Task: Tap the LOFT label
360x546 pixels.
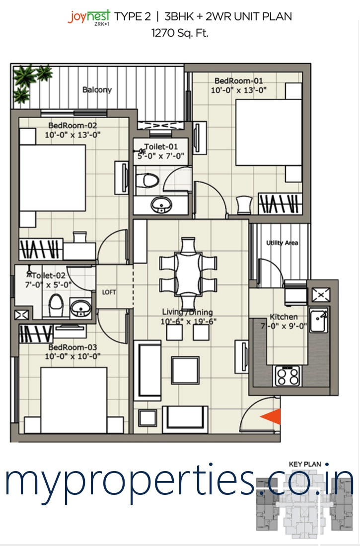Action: [x=109, y=292]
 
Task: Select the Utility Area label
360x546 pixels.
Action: [x=282, y=243]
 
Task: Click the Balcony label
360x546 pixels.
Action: [x=97, y=89]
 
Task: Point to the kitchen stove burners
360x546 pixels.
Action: [x=288, y=376]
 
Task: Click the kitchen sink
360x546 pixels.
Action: [x=319, y=320]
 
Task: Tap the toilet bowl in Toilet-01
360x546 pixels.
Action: [x=146, y=180]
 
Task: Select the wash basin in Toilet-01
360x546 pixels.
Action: [x=161, y=205]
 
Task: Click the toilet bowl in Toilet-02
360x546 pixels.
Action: [x=56, y=305]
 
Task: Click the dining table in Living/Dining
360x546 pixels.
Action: [x=188, y=273]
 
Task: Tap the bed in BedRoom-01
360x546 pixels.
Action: [x=269, y=133]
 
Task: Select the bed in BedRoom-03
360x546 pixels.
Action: [x=73, y=400]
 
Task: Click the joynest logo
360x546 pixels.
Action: [x=89, y=17]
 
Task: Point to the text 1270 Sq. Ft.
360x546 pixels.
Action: [x=180, y=33]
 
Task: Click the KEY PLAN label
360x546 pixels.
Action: [x=305, y=464]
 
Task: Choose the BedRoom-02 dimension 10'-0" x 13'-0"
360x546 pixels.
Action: [x=72, y=135]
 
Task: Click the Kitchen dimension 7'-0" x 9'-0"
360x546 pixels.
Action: [x=284, y=326]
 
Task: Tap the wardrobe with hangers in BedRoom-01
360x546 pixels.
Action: [x=280, y=204]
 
